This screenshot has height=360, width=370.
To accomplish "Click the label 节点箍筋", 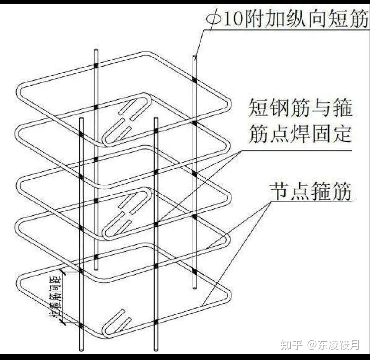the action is (x=310, y=192).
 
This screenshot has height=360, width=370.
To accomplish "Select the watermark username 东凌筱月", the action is (x=339, y=345).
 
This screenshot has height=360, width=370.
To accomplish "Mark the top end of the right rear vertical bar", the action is (x=195, y=57).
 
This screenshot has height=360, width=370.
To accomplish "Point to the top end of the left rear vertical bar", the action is (x=96, y=51).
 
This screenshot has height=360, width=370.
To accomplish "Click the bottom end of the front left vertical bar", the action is (x=82, y=349).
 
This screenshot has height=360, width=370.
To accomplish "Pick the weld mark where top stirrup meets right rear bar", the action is (x=194, y=80).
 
